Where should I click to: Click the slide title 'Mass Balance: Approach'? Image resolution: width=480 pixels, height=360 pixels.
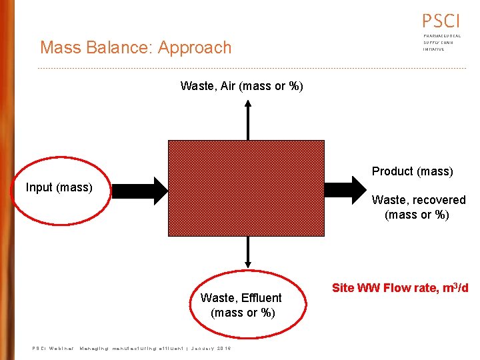tap(135, 47)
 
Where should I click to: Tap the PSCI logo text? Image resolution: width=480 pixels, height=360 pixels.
tap(441, 21)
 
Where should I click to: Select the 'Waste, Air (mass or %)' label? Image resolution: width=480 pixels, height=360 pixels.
tap(241, 86)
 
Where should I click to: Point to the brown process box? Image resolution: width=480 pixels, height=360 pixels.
tap(246, 188)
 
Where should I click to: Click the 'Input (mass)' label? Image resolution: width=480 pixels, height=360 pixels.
tap(59, 187)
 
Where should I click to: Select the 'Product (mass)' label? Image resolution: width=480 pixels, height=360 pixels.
tap(412, 171)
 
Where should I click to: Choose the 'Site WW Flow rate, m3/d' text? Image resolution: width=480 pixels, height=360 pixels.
tap(399, 288)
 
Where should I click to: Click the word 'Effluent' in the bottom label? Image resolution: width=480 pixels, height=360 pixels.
tap(260, 298)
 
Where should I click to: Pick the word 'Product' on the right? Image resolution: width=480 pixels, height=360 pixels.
tap(392, 171)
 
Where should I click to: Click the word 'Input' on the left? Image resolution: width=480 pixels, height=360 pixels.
tap(39, 187)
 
